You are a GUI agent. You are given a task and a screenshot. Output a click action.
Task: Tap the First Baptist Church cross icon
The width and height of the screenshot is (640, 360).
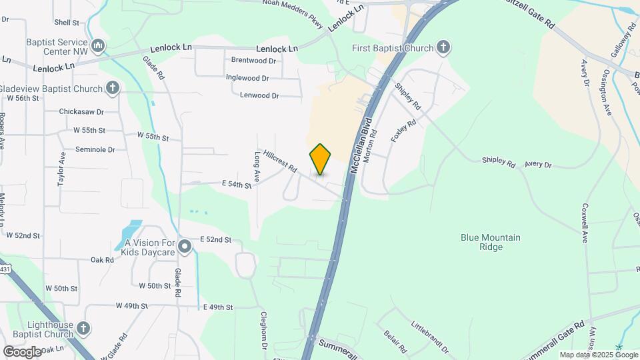point(443,47)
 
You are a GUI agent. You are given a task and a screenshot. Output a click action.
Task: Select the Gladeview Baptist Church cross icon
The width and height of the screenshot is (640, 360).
point(113,88)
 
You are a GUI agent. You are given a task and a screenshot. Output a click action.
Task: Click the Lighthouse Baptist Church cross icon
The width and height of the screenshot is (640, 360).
point(83,328)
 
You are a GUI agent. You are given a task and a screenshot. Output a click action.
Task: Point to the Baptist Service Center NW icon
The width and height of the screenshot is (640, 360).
point(98,45)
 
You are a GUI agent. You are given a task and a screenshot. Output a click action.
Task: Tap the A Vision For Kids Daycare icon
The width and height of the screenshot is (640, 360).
point(185,248)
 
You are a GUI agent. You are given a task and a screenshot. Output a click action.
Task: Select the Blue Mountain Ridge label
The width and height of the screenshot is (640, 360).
point(491,242)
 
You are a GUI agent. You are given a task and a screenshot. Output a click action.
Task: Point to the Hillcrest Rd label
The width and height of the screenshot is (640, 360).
point(279,161)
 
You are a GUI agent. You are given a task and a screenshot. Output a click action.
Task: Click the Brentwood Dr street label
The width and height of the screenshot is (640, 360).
point(253,60)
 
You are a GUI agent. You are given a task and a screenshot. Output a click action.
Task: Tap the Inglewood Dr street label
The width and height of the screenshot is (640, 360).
point(247,78)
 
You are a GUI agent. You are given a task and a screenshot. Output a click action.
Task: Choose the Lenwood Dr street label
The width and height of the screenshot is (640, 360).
point(260,95)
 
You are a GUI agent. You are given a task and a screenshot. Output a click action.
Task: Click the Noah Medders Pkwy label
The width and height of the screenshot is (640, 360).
point(293,14)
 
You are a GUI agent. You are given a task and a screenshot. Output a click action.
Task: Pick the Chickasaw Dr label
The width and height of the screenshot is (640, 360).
point(81,112)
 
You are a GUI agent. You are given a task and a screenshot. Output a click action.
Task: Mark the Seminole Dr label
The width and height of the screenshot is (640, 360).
point(95,149)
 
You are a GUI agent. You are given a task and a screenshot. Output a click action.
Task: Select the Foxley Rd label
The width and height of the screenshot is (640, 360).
point(403,130)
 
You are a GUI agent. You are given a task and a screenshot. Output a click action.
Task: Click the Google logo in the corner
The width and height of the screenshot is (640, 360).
point(22,351)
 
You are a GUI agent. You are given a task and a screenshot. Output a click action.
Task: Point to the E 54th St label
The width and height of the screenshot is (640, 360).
point(236,185)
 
